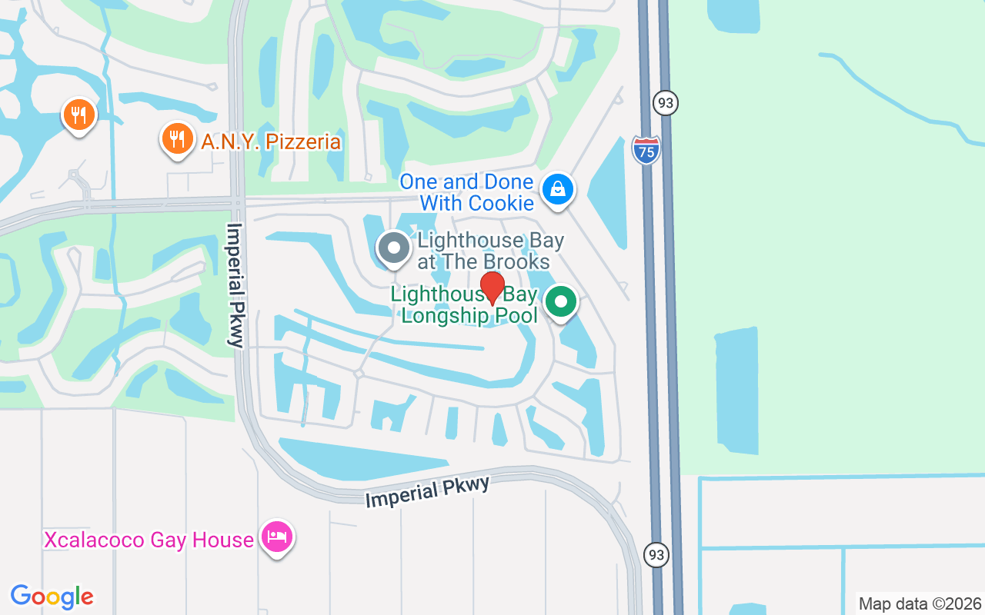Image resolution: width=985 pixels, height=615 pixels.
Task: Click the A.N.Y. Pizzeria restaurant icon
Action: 177,139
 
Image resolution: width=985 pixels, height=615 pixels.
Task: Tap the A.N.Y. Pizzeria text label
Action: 271,142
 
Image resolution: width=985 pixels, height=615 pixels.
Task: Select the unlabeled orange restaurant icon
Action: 78,115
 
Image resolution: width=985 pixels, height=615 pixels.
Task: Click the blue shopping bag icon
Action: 557,188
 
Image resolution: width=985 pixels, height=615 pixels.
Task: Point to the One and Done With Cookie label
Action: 466,192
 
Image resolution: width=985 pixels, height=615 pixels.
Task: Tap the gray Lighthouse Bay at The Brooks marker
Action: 395,248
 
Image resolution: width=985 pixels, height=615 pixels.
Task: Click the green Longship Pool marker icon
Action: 561,301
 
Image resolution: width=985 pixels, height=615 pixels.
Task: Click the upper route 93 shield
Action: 666,102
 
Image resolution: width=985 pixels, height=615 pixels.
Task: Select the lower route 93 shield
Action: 656,554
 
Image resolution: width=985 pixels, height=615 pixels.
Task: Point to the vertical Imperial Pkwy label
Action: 235,285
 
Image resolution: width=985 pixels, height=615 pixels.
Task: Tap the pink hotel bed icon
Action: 276,537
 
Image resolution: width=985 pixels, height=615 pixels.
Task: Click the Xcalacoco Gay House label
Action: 149,540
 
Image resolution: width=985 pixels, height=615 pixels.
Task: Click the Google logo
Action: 52,597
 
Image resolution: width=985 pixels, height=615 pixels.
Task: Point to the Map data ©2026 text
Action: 920,603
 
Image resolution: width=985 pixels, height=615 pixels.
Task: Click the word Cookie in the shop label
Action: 501,203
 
